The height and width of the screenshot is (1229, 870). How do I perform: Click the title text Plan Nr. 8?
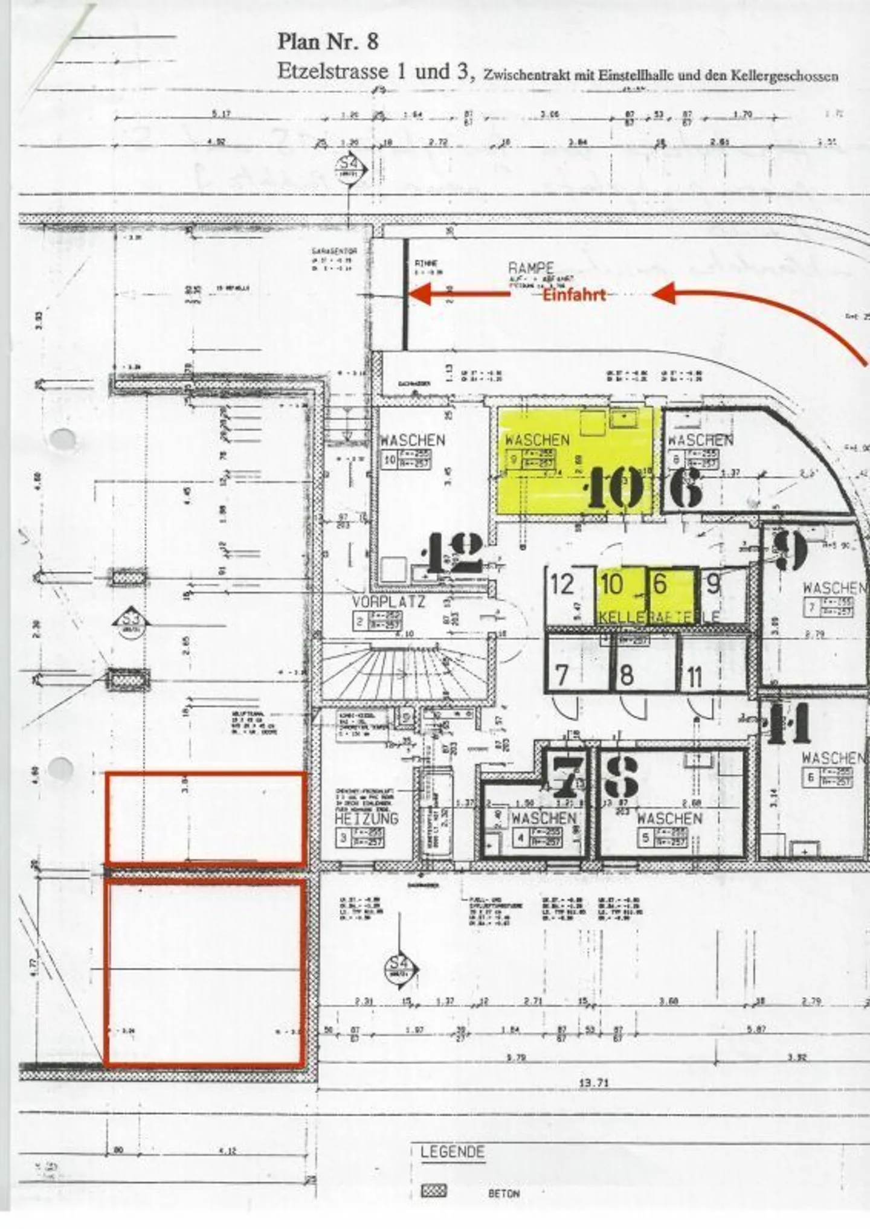(x=328, y=42)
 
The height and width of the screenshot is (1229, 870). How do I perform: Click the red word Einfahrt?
(x=573, y=295)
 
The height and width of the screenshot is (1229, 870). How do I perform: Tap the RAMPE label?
(x=530, y=268)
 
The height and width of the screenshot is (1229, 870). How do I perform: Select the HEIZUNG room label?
(x=367, y=818)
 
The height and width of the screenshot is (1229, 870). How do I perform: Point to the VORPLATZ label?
(x=388, y=602)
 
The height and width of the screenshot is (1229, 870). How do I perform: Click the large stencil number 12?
(x=455, y=553)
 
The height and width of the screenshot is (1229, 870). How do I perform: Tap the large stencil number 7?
(x=566, y=776)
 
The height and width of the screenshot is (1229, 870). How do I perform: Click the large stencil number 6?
(x=686, y=487)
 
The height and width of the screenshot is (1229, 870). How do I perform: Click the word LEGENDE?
(x=453, y=1152)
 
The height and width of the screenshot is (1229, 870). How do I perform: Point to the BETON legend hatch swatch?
(x=433, y=1191)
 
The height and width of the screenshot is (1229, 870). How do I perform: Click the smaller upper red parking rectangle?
(x=205, y=818)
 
